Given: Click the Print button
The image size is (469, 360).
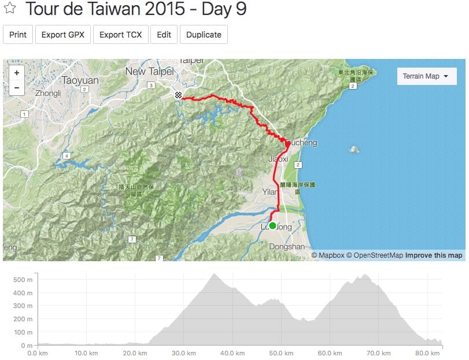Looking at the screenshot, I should [18, 35].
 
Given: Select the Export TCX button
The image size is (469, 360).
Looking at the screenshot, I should [120, 35].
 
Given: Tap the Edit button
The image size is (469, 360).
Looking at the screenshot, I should [164, 35].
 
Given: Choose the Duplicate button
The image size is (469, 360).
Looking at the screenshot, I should [204, 35].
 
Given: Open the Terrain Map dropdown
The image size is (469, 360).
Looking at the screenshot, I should [425, 76].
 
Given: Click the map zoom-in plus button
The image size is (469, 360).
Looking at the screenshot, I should [17, 73].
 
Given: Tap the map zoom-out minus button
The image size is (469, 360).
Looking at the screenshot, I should [17, 88].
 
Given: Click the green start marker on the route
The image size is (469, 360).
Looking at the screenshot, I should [272, 225].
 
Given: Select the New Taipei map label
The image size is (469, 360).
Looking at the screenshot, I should [149, 71].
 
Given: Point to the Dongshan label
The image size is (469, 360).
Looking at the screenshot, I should [287, 247].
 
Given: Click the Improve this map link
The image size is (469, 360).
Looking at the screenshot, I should [434, 255].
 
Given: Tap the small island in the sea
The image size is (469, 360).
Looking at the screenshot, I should [354, 150].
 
